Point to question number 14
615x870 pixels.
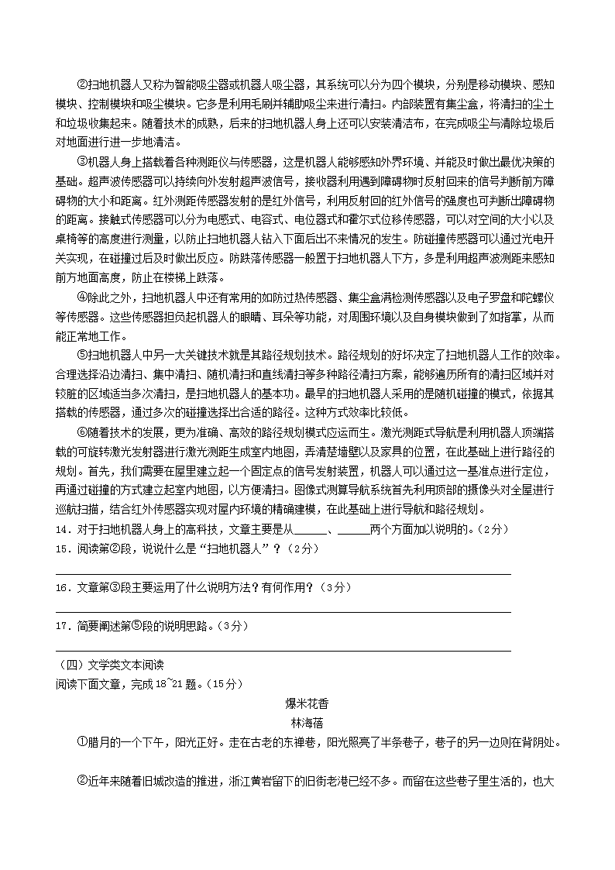point(62,529)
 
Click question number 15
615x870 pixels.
point(62,548)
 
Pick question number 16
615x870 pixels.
point(62,587)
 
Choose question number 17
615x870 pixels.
point(62,626)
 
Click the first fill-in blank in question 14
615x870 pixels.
point(311,530)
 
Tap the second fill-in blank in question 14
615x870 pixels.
point(354,530)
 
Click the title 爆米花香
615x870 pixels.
point(307,703)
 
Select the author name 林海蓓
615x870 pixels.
point(307,723)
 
